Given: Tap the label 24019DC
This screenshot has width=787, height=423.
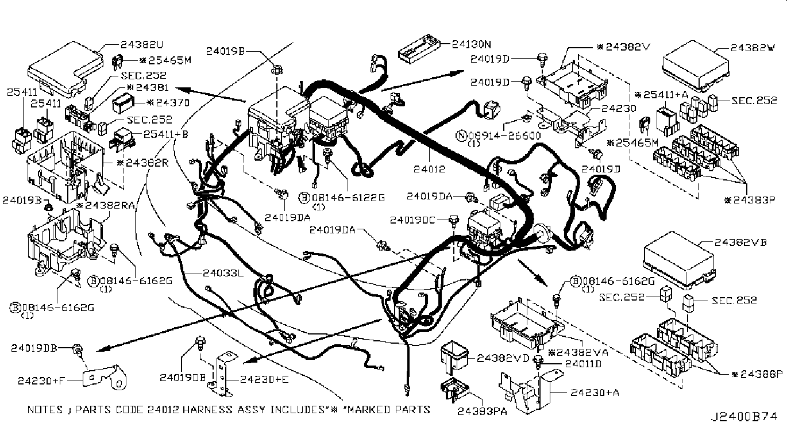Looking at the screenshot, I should coord(420,220).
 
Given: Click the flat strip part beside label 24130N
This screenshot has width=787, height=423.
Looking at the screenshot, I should coord(422,53).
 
